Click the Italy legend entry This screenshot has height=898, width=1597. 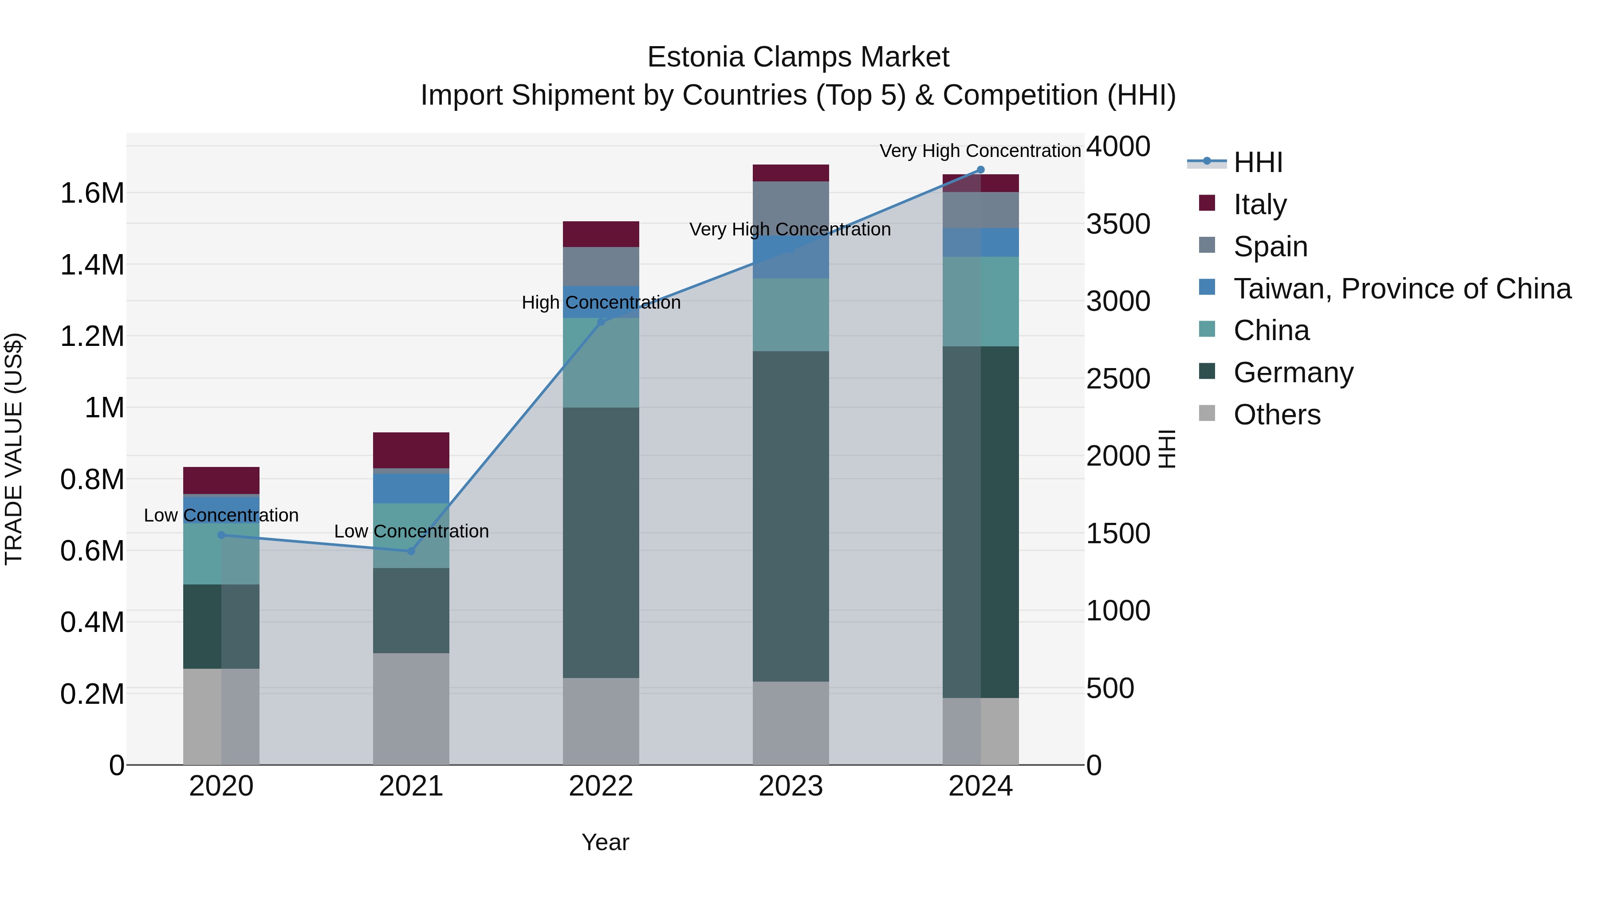point(1260,204)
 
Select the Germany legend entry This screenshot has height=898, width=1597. point(1293,373)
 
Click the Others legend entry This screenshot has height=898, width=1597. point(1276,415)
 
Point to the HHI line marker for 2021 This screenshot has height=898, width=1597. point(411,551)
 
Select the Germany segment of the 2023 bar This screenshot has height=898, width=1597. point(791,516)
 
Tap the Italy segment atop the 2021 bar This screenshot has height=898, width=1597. point(411,450)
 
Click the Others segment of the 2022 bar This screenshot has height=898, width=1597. point(601,721)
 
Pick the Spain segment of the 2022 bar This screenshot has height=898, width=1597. point(601,266)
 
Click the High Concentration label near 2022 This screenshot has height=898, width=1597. point(601,303)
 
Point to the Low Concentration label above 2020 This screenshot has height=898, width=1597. point(221,516)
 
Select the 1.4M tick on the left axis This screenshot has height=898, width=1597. point(92,265)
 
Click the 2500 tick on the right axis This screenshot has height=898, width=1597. point(1118,379)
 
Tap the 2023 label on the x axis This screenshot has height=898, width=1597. point(791,786)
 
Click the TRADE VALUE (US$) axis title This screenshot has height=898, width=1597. point(14,449)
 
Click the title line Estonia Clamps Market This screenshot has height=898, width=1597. point(798,57)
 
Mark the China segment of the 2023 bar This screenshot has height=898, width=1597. point(791,315)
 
